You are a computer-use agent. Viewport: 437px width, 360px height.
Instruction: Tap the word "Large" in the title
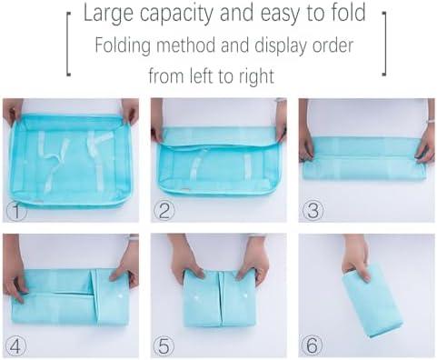click(x=108, y=14)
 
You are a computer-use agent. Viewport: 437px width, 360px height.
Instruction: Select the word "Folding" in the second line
click(x=123, y=45)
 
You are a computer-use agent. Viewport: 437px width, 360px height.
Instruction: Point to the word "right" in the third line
click(x=256, y=75)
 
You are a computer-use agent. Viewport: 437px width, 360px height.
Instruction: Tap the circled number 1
click(x=16, y=212)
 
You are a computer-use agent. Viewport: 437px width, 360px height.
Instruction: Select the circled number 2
click(x=164, y=211)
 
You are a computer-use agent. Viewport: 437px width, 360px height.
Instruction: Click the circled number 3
click(x=313, y=211)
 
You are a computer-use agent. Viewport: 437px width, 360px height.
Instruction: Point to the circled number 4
click(x=15, y=345)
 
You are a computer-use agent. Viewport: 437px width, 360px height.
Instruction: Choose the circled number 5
click(x=164, y=345)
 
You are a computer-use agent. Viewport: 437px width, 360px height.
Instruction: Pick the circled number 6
click(x=312, y=345)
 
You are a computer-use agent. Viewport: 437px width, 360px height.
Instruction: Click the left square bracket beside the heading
click(x=68, y=45)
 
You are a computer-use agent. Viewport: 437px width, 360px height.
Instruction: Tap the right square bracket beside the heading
click(x=384, y=44)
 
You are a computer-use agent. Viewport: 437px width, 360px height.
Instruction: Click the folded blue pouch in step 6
click(x=373, y=303)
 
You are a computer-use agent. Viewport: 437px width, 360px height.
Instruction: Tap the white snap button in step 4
click(x=120, y=296)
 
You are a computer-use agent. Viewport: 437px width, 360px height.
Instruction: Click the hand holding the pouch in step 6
click(x=355, y=256)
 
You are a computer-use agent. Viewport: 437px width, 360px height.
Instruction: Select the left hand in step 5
click(x=185, y=256)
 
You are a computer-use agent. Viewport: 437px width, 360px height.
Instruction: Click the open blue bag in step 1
click(x=70, y=161)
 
